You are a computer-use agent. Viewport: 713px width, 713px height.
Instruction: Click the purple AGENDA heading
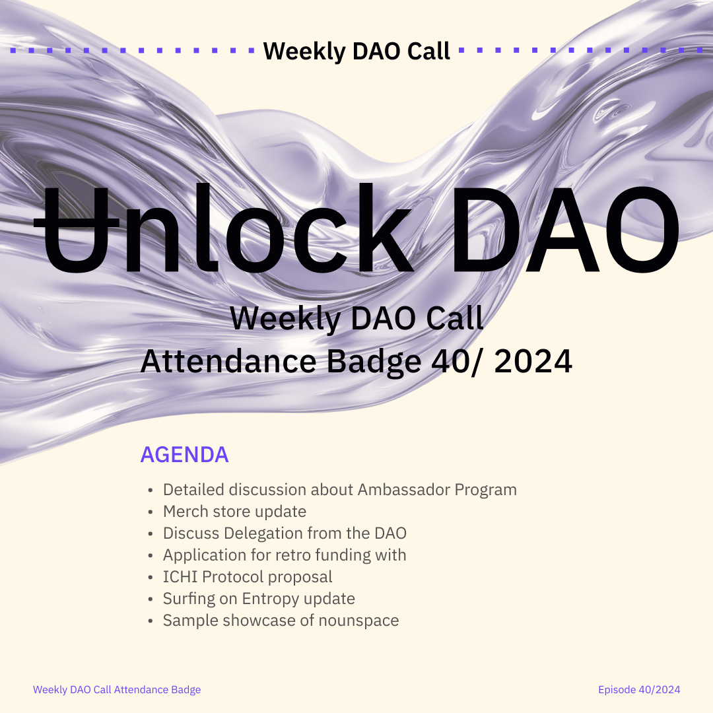(184, 454)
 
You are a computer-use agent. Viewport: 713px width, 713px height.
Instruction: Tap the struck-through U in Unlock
(77, 230)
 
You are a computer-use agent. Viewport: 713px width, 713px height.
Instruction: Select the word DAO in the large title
(564, 228)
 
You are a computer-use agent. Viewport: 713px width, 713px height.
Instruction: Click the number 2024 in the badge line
(533, 362)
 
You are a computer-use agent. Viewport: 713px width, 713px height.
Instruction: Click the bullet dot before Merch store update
(151, 512)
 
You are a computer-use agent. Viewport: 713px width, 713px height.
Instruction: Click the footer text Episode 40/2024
(639, 690)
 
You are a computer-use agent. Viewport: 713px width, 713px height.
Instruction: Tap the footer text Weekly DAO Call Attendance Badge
(117, 690)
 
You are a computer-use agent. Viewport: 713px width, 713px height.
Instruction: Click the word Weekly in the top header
(304, 51)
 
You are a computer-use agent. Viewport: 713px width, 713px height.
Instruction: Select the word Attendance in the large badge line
(228, 362)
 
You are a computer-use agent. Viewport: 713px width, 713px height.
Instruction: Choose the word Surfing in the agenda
(189, 599)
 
